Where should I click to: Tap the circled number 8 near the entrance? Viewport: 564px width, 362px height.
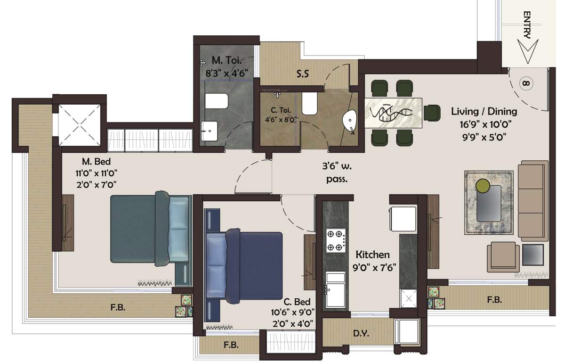pos(526,84)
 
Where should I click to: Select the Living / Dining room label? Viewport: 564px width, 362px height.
pos(484,112)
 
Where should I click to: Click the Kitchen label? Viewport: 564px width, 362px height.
pos(372,255)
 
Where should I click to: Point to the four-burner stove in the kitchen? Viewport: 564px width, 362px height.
pos(335,240)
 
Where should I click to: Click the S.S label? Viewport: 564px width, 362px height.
pos(303,74)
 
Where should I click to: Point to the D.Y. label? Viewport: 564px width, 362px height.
pos(361,334)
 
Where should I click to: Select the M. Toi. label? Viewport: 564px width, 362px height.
pos(227,61)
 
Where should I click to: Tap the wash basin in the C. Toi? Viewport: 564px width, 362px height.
pos(350,121)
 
